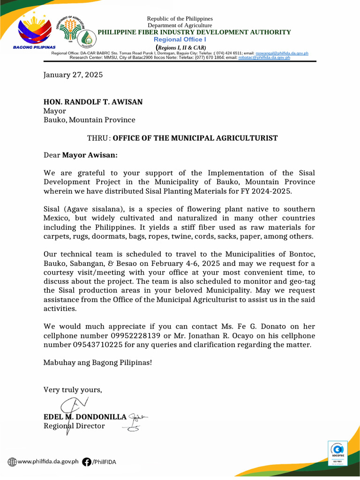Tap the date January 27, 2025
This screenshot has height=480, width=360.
[73, 75]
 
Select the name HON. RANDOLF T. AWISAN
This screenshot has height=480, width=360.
[93, 102]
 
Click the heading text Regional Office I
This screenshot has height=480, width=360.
[180, 40]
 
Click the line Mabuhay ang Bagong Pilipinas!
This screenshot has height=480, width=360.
[97, 362]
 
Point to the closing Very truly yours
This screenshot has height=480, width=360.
[73, 390]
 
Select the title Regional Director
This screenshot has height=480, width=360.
[74, 426]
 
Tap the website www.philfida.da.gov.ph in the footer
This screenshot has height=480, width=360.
[48, 462]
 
